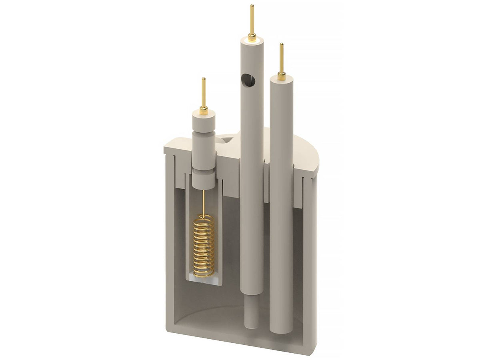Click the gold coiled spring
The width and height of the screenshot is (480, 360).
click(204, 246)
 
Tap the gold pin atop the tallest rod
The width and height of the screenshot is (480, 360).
click(252, 20)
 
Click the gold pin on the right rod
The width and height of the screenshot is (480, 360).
click(281, 58)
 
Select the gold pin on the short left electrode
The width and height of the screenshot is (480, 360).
click(204, 92)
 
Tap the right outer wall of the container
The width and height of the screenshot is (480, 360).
click(310, 260)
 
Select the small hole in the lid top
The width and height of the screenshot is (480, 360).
click(225, 140)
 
